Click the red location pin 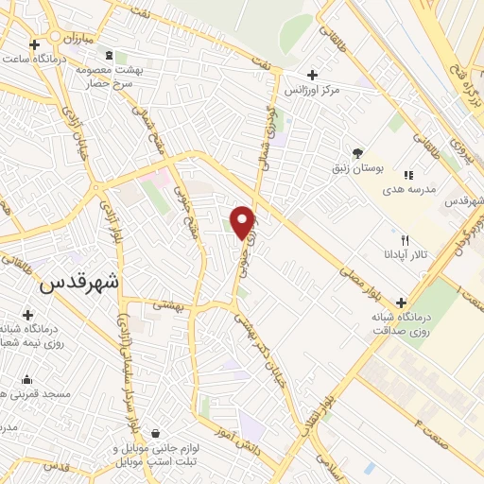[244, 220]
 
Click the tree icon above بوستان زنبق [356, 152]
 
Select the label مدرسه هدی [407, 189]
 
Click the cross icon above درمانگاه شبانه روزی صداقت [401, 302]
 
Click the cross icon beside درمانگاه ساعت [35, 44]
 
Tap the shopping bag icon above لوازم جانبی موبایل [142, 433]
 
